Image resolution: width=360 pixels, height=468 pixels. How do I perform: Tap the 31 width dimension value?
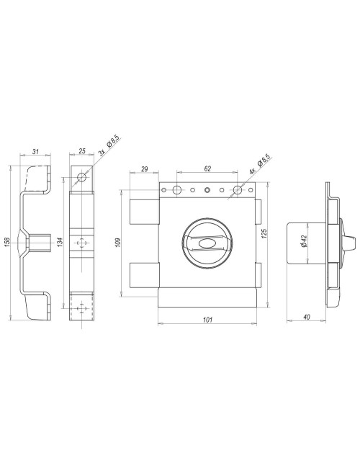tap(35, 152)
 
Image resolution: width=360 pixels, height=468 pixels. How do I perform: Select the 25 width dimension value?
tap(81, 151)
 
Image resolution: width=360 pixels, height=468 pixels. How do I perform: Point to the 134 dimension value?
tap(60, 241)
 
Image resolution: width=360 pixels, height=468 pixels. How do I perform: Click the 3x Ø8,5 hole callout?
tap(109, 145)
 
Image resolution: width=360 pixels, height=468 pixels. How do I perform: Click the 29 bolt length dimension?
tap(145, 169)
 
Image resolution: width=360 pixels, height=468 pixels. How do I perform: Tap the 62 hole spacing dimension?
tap(207, 168)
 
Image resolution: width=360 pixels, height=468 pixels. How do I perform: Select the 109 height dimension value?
tap(117, 243)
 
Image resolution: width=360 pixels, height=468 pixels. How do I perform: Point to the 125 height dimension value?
tap(264, 233)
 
